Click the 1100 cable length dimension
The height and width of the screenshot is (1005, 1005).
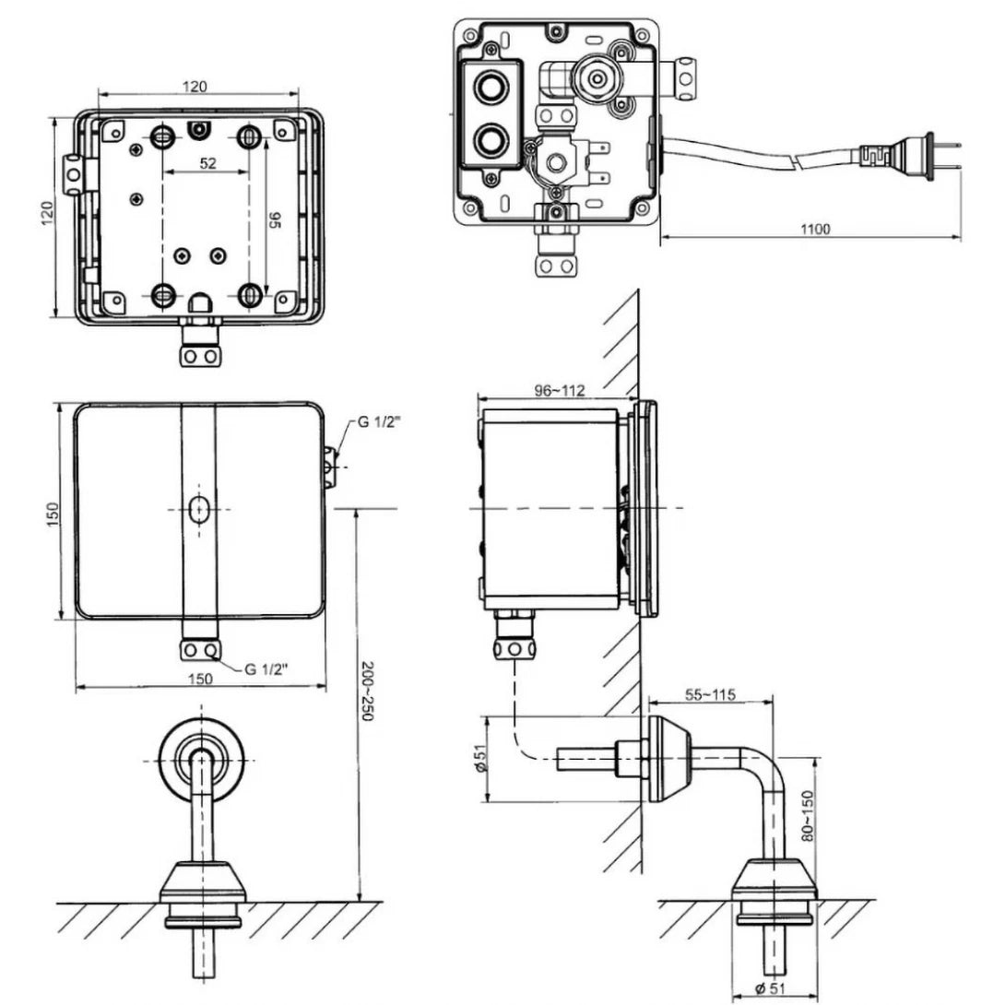pos(815,229)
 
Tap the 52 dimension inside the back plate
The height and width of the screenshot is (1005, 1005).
pos(207,162)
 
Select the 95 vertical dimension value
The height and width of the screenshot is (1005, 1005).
pos(275,219)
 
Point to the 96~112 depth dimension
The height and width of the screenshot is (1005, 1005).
pos(559,390)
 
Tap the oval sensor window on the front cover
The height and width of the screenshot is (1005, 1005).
pos(198,509)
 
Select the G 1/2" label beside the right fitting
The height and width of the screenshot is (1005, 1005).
pos(379,422)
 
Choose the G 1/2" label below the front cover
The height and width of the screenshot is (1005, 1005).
pos(266,669)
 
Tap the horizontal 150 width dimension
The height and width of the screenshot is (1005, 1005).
pos(200,679)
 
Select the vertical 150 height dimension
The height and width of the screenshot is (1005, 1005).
pos(52,510)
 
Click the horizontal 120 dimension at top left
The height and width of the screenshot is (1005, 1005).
pos(194,86)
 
